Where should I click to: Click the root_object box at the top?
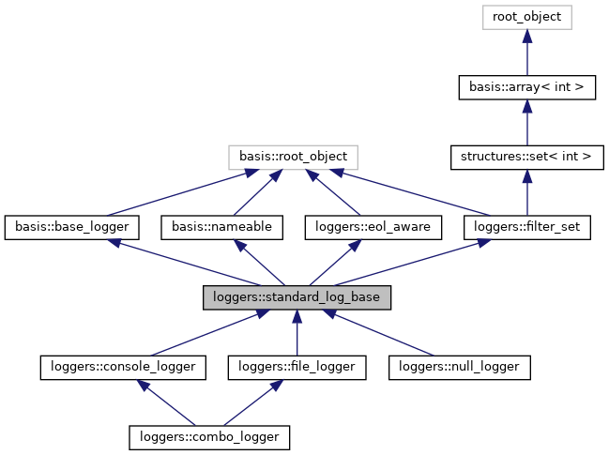526,17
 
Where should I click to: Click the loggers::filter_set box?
526,226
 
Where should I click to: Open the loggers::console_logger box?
123,367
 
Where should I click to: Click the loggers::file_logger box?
297,367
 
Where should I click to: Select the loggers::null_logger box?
460,367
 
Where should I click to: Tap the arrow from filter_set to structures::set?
526,193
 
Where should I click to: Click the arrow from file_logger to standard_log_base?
297,333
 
